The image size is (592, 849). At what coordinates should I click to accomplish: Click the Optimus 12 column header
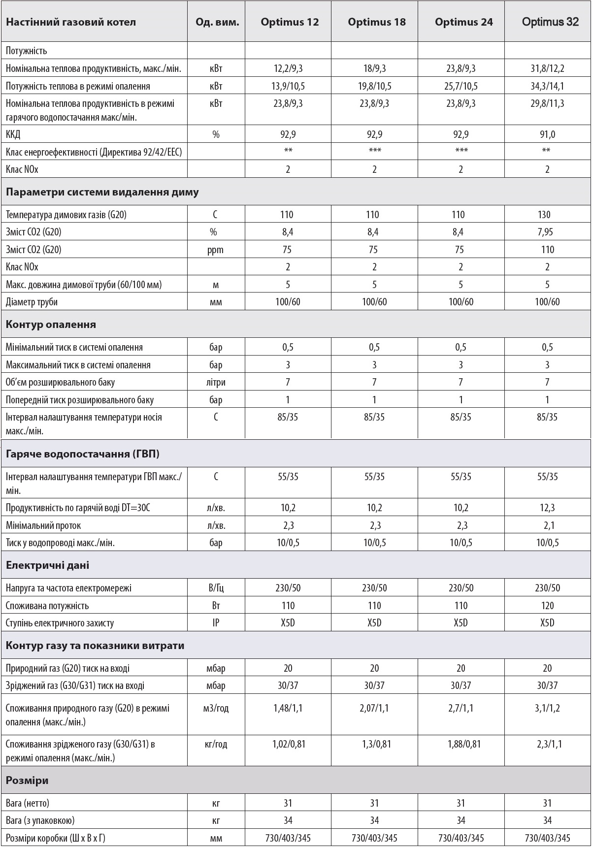coord(290,22)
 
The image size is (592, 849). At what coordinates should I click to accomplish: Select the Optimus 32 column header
coord(550,22)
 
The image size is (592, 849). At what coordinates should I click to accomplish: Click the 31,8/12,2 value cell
coord(547,68)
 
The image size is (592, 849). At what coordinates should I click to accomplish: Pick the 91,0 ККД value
coord(547,134)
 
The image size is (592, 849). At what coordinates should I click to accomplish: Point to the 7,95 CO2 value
coord(547,232)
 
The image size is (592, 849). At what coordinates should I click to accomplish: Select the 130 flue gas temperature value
coord(547,215)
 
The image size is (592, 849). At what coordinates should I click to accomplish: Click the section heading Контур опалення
coord(51,325)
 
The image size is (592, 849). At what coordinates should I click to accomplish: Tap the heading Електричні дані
coord(47,565)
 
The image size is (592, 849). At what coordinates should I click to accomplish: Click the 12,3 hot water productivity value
coord(547,508)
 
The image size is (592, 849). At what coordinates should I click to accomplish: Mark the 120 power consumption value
coord(547,606)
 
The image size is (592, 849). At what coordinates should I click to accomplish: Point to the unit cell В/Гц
coord(216,588)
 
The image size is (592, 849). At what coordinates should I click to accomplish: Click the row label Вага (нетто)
coord(28,803)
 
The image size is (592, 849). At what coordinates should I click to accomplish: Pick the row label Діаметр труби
coord(32,302)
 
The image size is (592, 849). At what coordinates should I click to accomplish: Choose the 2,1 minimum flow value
coord(549,525)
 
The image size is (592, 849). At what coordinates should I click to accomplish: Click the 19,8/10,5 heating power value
coord(374,86)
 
